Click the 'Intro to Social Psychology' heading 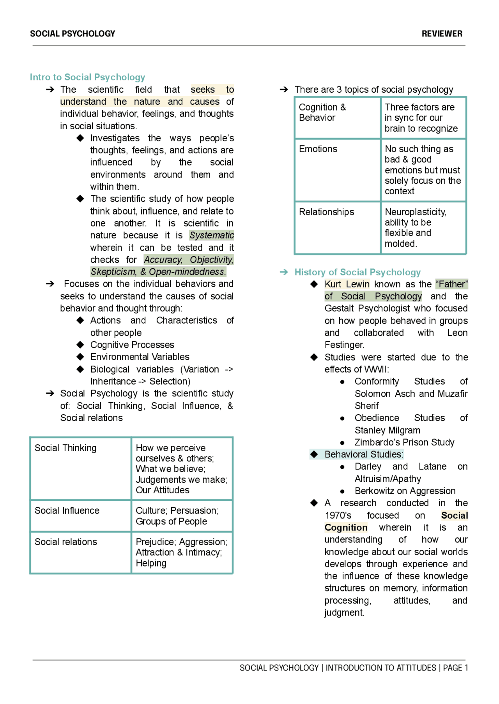87,77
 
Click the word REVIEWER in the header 442,34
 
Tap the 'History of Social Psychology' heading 357,272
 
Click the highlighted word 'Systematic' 212,235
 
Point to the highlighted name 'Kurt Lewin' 347,284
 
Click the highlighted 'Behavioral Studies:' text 364,454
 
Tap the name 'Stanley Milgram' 387,430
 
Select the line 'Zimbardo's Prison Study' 404,442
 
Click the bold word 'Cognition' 346,528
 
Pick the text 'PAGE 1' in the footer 455,668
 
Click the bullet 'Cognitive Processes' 132,345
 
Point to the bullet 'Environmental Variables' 140,357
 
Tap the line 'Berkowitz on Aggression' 405,491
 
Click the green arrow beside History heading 284,272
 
